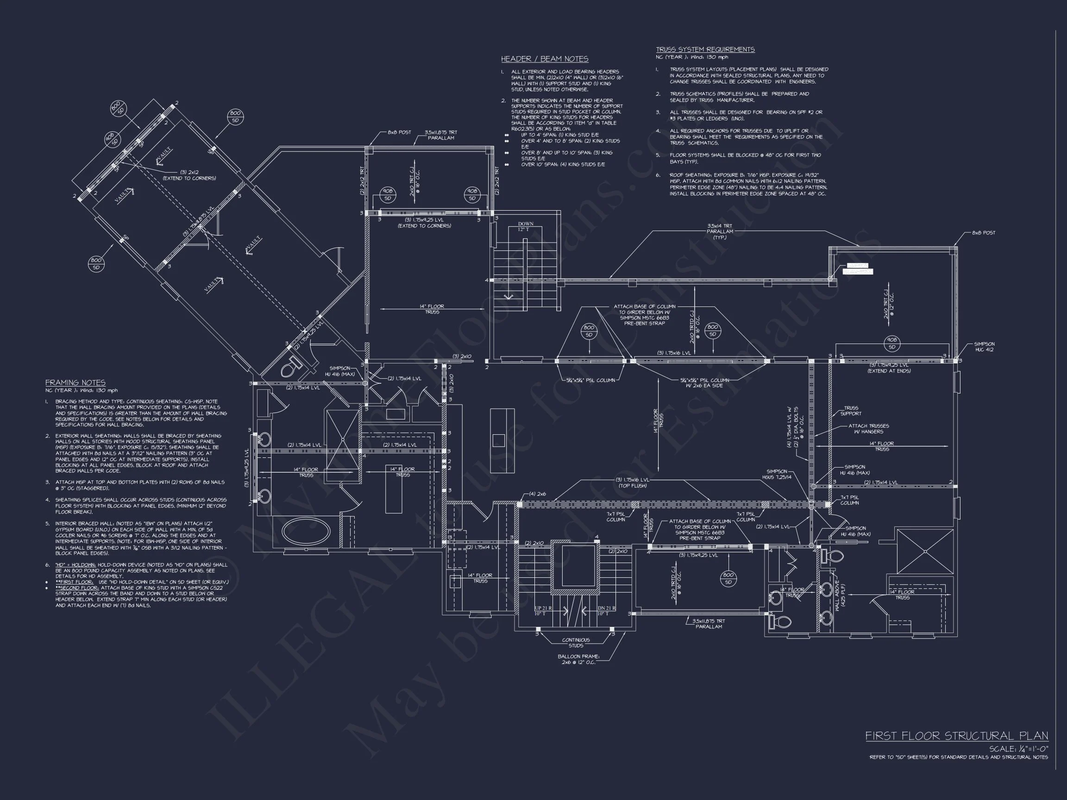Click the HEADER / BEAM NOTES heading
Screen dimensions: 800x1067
(545, 59)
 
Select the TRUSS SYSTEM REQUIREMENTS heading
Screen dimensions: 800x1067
(705, 49)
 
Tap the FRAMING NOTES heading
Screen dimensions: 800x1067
(75, 382)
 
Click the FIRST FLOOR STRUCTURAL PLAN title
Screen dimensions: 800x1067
(956, 736)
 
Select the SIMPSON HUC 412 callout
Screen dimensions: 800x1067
(984, 347)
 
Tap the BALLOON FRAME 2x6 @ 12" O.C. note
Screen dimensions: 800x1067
(578, 659)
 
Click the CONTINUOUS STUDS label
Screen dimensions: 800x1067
(576, 643)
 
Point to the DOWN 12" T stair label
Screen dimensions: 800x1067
(525, 226)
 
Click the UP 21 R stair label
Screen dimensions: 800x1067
(543, 611)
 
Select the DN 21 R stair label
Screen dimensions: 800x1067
(606, 611)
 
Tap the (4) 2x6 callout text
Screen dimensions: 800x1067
(537, 494)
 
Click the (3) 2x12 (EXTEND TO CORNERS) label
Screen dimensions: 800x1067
(189, 175)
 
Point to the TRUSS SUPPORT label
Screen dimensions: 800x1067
(850, 410)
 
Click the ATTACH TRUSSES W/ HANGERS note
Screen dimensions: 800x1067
(868, 429)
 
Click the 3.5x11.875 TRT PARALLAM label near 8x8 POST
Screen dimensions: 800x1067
(440, 135)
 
